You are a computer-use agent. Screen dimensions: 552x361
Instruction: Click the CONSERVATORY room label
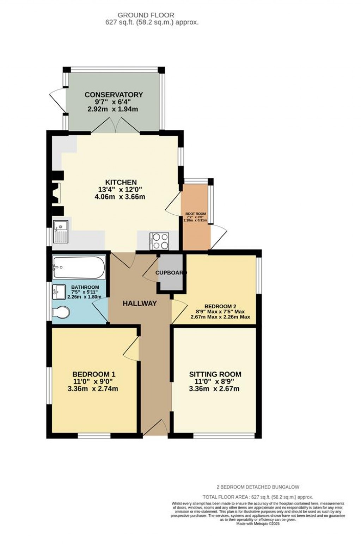114,94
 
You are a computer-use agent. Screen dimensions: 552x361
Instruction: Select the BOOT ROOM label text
196,214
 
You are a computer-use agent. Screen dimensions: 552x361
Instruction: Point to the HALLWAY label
140,303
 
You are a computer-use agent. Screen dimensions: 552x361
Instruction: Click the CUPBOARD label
171,272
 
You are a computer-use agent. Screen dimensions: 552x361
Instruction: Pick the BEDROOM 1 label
94,374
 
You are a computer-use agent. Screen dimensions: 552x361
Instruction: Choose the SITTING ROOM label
215,374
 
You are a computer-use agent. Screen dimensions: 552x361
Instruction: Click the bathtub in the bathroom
78,268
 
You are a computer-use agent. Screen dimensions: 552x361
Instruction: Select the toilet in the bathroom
61,312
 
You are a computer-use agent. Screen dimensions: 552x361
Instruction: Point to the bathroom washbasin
59,292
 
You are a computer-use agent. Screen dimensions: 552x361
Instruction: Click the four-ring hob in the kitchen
159,241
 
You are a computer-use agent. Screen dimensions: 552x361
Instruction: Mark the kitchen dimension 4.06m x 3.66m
120,197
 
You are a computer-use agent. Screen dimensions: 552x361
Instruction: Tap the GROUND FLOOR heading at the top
146,15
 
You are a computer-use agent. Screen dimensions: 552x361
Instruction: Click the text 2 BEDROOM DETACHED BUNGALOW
258,487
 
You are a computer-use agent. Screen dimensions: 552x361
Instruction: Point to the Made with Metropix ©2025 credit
258,524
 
